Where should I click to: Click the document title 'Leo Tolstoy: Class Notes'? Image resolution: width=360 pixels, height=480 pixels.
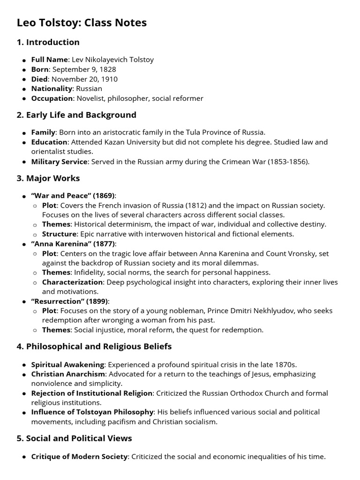point(82,22)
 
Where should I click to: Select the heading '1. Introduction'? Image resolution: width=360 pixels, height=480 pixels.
point(48,42)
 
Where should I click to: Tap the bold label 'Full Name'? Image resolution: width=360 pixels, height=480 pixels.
point(50,60)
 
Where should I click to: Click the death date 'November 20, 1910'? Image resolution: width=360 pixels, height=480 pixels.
point(84,79)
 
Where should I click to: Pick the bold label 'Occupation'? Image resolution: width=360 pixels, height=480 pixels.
point(52,98)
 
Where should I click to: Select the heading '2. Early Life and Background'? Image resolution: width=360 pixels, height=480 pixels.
point(76,115)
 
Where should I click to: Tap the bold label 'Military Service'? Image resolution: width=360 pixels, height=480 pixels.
point(59,161)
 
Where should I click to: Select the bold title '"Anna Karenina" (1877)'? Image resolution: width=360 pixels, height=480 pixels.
point(73,243)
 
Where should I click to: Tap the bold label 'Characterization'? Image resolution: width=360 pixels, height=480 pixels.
point(72,282)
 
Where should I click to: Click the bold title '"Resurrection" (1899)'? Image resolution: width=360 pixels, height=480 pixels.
point(69,301)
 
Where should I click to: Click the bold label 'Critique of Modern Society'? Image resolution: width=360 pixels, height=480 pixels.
point(79,457)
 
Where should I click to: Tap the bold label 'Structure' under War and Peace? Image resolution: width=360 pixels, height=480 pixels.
point(59,234)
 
